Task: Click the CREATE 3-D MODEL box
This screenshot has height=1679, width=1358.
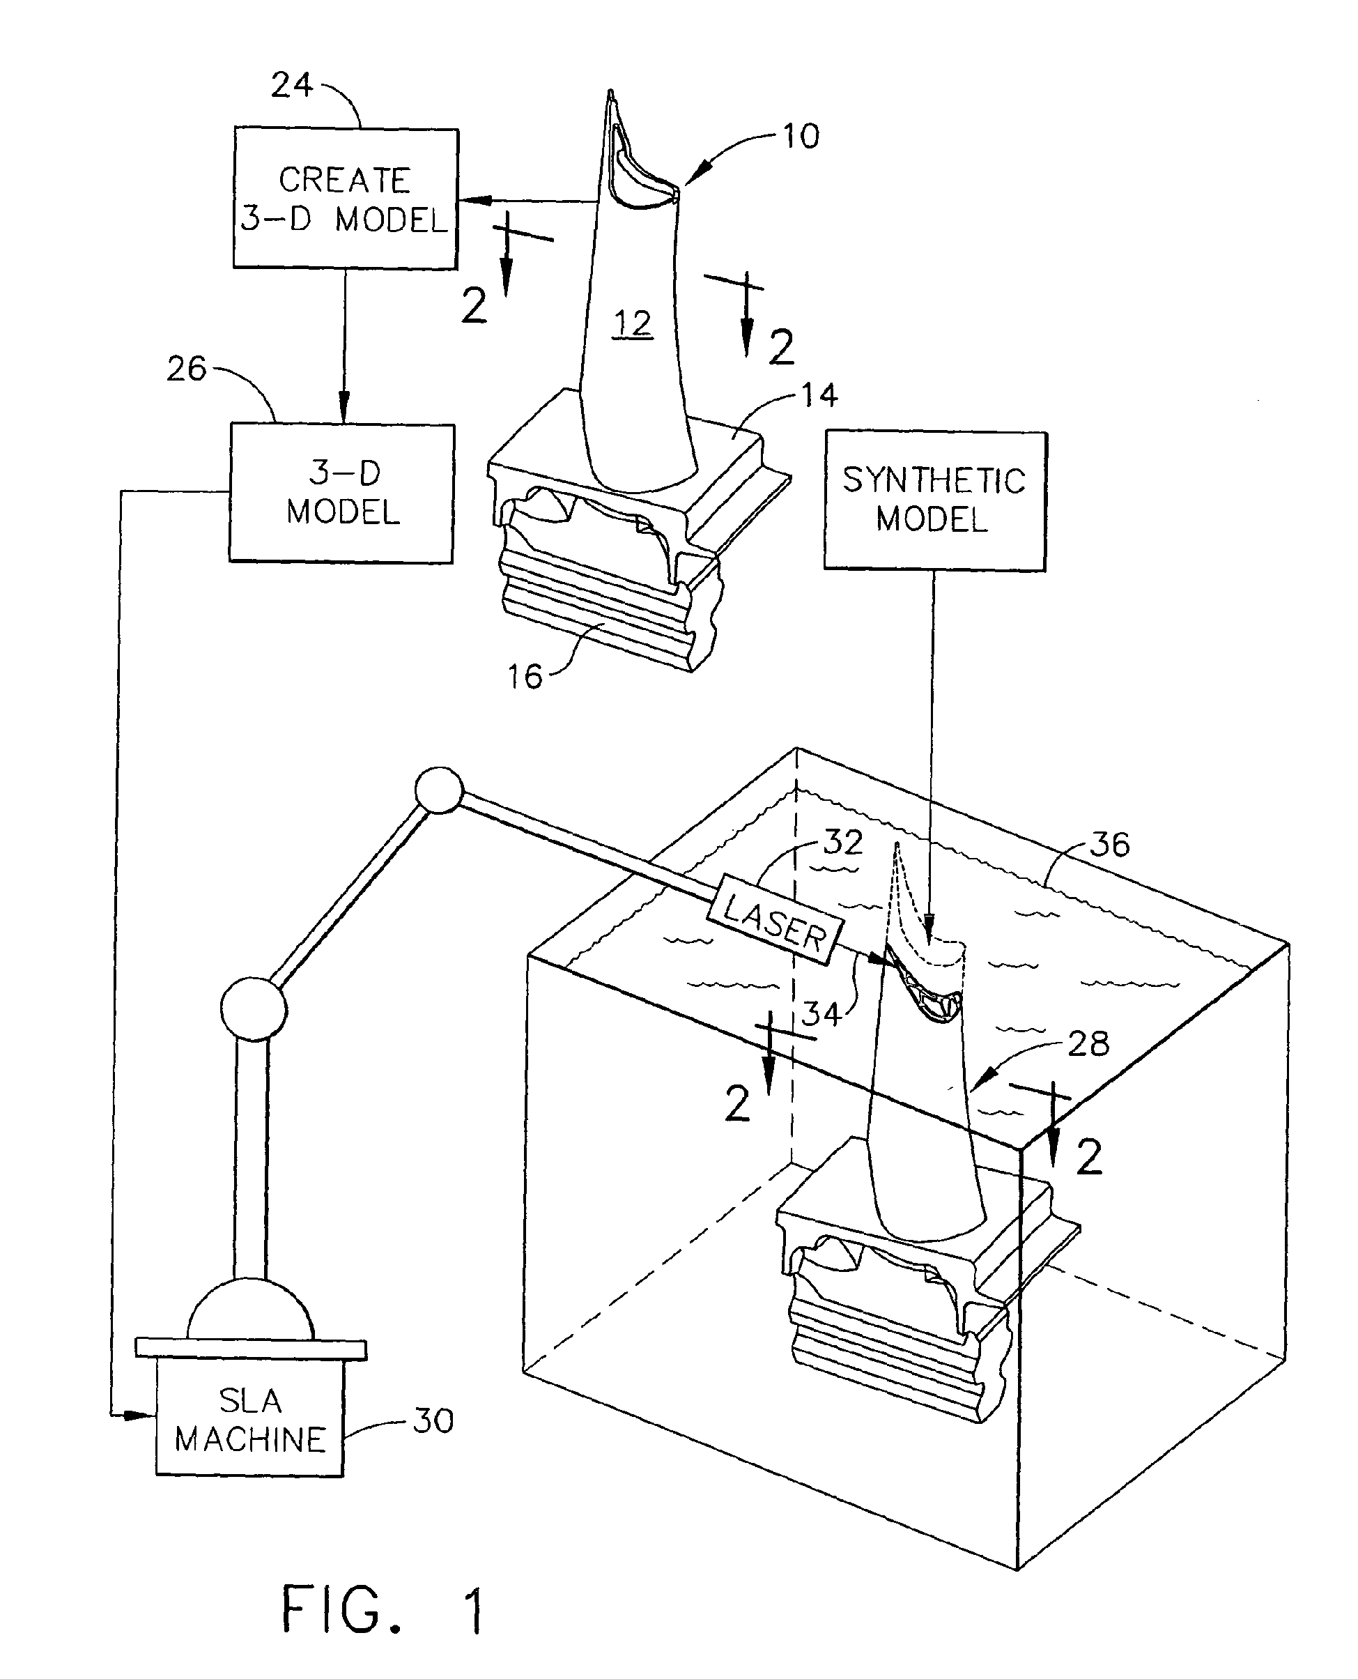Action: click(345, 199)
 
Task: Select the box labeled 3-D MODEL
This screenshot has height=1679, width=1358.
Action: click(342, 493)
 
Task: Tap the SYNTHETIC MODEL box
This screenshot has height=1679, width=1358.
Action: click(935, 500)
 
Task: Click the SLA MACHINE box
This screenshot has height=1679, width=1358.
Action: click(249, 1419)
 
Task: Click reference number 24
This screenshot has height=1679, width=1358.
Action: click(292, 85)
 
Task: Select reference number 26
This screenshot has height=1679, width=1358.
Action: click(186, 369)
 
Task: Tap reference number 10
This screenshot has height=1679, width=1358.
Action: click(801, 137)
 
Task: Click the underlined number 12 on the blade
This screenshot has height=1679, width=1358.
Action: click(632, 323)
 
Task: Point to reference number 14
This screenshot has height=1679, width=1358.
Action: click(819, 395)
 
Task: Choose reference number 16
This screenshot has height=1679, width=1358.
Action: click(524, 677)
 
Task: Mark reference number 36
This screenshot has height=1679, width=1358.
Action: click(1109, 844)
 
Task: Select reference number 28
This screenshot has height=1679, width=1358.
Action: click(1088, 1043)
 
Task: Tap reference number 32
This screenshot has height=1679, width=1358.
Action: click(843, 842)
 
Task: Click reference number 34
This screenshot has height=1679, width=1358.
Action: click(821, 1014)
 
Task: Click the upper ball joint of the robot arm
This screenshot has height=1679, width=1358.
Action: click(439, 791)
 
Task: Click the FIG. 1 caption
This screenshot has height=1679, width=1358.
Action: click(383, 1609)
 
